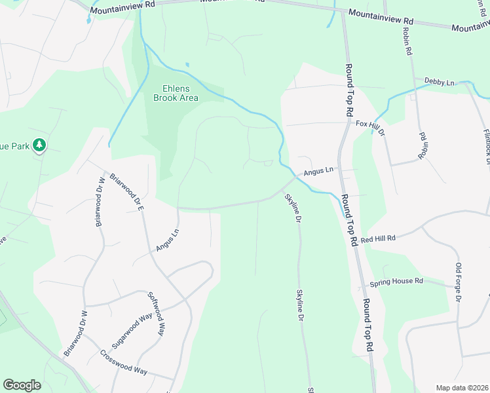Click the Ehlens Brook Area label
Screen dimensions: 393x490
click(176, 93)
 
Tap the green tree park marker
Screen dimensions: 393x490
click(39, 145)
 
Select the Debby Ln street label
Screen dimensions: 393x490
click(439, 82)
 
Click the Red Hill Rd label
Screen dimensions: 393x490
click(378, 239)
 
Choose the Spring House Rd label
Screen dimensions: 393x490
click(396, 282)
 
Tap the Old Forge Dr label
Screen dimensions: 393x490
click(459, 282)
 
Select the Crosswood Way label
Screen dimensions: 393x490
click(124, 361)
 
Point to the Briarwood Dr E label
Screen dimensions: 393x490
click(126, 189)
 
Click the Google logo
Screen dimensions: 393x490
click(22, 385)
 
